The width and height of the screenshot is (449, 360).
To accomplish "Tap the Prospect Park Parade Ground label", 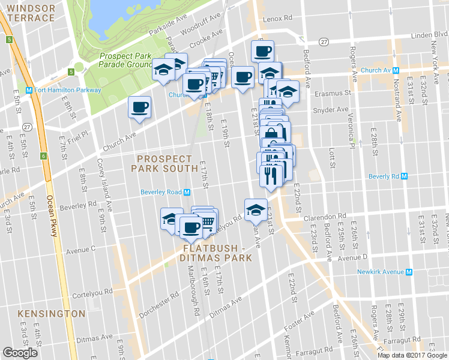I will [x=125, y=61].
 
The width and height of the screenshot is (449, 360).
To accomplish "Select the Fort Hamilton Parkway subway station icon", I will [x=29, y=91].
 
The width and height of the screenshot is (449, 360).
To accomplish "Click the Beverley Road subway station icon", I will [x=187, y=192].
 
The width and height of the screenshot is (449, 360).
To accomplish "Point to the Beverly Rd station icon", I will [x=405, y=176].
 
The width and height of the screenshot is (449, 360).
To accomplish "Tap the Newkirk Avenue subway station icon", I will [x=410, y=272].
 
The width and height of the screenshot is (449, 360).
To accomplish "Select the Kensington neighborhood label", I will [x=52, y=314].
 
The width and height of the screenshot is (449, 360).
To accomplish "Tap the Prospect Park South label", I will [x=164, y=164].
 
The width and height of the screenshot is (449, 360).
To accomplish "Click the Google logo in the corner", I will [x=20, y=353].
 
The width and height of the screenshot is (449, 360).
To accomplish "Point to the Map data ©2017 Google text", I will [x=412, y=355].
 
